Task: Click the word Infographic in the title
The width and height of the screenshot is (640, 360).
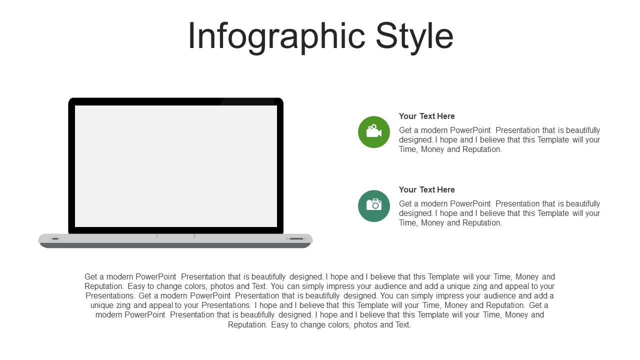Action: click(x=276, y=36)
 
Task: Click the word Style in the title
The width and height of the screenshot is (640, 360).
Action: click(x=414, y=36)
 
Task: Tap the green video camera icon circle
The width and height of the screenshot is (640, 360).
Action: click(x=373, y=132)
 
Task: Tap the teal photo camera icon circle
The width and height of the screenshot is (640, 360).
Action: click(x=373, y=205)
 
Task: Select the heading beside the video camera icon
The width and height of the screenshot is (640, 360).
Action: click(x=426, y=116)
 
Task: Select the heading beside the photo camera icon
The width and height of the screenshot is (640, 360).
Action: click(x=426, y=189)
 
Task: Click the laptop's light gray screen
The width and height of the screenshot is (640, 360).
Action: click(x=175, y=166)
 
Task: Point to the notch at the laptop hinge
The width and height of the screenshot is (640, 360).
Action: click(x=175, y=235)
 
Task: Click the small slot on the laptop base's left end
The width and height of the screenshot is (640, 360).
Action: click(x=55, y=238)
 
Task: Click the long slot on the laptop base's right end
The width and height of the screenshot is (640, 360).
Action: click(x=296, y=238)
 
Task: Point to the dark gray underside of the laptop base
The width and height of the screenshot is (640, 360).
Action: click(x=175, y=245)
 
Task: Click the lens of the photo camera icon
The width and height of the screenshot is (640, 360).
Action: click(x=375, y=205)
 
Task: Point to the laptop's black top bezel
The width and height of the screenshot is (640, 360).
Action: click(x=175, y=101)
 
